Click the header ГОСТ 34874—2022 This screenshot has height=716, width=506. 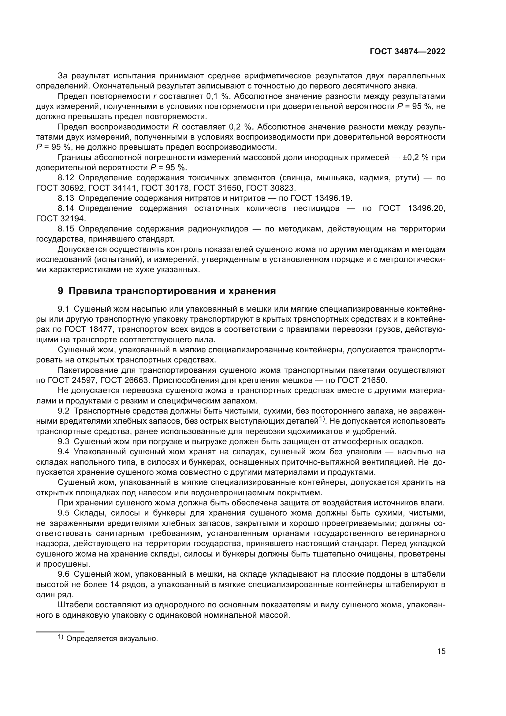pos(407,52)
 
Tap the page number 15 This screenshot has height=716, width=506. pos(441,651)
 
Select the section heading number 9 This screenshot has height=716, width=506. pos(61,291)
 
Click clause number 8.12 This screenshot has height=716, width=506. pos(66,178)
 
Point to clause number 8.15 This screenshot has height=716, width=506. pos(66,229)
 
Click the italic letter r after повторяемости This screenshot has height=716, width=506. pos(155,96)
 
